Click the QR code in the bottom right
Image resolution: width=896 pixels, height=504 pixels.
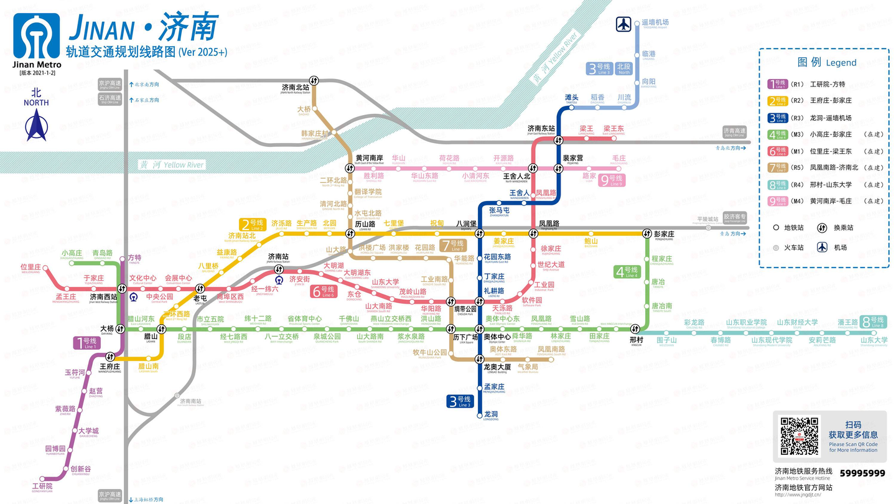click(x=799, y=436)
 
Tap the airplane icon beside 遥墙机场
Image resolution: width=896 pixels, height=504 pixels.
click(x=623, y=24)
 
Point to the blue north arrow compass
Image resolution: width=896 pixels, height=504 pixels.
click(x=36, y=124)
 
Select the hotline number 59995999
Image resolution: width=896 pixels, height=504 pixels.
click(x=862, y=474)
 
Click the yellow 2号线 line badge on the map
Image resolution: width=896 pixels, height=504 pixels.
click(x=252, y=224)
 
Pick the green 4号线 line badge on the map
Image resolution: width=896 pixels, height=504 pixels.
click(x=627, y=271)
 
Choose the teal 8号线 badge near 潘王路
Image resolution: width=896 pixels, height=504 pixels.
click(x=874, y=321)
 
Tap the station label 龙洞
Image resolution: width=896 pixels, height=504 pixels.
click(x=491, y=414)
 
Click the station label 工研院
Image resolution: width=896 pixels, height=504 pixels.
click(x=42, y=486)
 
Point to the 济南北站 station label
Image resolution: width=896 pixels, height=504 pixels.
click(x=296, y=88)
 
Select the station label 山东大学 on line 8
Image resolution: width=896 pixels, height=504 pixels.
click(x=874, y=340)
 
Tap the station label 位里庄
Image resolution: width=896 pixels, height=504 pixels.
click(x=30, y=268)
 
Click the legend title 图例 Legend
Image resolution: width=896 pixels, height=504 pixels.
click(x=827, y=62)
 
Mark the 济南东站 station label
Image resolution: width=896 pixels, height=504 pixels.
click(x=541, y=129)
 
